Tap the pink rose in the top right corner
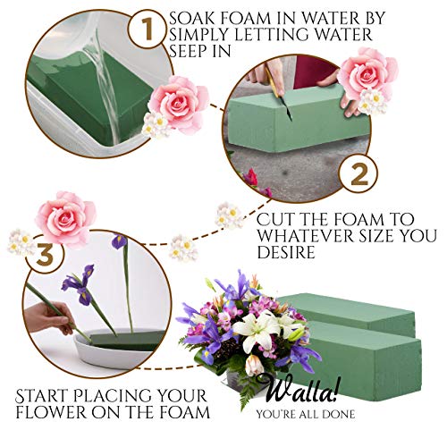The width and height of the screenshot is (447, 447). click(368, 73)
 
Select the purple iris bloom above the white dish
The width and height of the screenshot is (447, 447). click(79, 284)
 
